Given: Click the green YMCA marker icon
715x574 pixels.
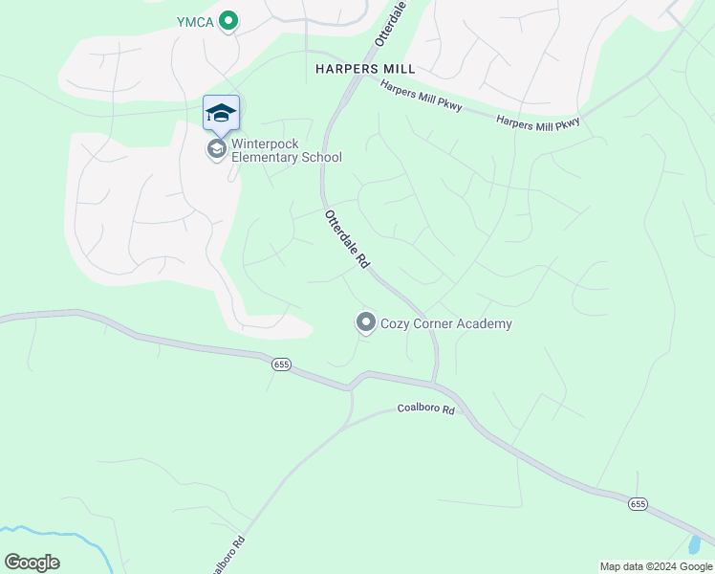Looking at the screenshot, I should pos(227,19).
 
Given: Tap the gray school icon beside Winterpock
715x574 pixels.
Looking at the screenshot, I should pos(217,148).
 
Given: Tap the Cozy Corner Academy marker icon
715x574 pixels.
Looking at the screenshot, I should pos(365,322).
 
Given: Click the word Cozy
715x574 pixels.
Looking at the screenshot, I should pos(397,323).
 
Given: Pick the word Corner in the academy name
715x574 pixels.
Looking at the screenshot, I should pos(435,323).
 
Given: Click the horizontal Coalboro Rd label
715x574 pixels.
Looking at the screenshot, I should pos(427,409).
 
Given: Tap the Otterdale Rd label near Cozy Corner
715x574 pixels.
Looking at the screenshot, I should pos(346,238).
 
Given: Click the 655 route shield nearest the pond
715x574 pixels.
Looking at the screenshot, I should pos(639,503).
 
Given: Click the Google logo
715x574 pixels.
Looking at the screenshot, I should pos(32,563).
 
